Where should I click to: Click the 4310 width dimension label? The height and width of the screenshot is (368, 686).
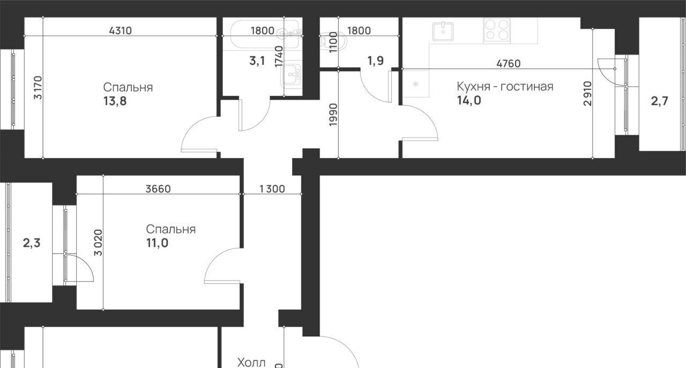(x=121, y=31)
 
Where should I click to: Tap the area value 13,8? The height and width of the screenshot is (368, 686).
(x=115, y=101)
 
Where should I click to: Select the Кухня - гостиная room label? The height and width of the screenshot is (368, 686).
(x=505, y=87)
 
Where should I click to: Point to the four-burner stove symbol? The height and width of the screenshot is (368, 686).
(x=496, y=31)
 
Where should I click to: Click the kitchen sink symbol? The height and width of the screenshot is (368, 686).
(x=443, y=32)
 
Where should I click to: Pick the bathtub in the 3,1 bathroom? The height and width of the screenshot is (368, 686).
(x=265, y=34)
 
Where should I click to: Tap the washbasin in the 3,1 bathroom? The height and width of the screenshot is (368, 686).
(x=291, y=74)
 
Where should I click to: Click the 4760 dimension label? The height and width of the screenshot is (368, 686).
(x=509, y=63)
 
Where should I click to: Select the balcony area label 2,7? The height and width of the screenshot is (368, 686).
(x=659, y=101)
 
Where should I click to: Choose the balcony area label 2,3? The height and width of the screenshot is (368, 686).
(x=32, y=243)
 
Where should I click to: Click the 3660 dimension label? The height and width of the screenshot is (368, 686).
(x=158, y=189)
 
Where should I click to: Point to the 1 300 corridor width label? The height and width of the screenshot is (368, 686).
(x=272, y=189)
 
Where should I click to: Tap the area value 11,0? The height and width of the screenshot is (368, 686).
(x=157, y=243)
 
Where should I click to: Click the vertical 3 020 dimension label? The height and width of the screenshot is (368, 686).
(x=99, y=243)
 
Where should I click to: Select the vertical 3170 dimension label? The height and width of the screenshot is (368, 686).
(x=39, y=88)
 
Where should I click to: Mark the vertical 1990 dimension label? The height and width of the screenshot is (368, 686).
(x=333, y=115)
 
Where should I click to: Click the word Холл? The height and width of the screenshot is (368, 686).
(x=251, y=363)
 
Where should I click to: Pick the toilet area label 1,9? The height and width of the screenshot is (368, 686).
(x=376, y=61)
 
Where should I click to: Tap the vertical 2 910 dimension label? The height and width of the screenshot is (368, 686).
(x=588, y=93)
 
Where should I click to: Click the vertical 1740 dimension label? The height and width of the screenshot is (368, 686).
(x=279, y=57)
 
